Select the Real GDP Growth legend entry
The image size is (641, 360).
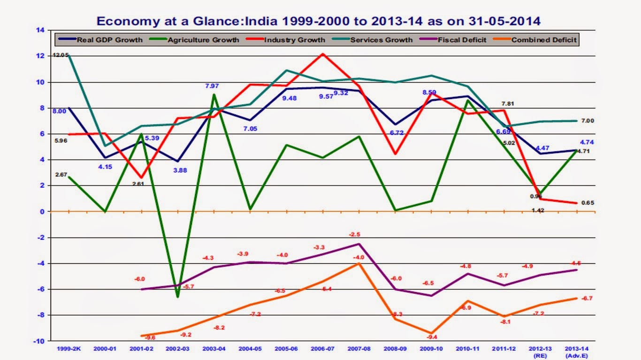point(109,40)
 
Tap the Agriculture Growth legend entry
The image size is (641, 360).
point(203,40)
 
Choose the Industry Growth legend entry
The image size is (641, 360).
point(294,40)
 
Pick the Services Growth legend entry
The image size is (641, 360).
point(381,40)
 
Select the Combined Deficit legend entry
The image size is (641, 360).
point(543,40)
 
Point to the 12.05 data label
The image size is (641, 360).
point(61,55)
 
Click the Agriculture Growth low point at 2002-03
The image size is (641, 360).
point(178,297)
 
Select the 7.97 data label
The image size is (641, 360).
point(212,86)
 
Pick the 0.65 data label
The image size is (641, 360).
point(588,203)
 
